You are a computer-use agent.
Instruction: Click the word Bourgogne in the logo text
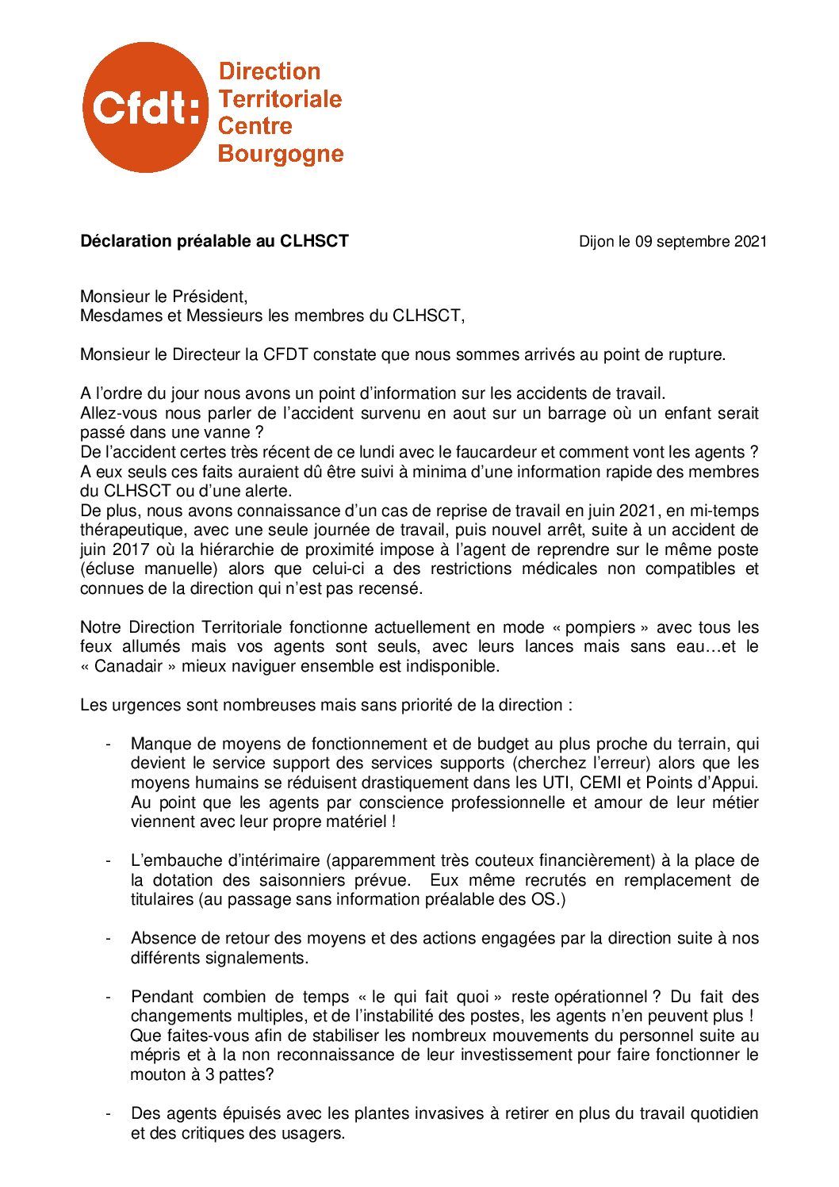click(280, 153)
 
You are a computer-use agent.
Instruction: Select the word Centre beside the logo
click(255, 125)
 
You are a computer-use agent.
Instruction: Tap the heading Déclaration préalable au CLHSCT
click(214, 241)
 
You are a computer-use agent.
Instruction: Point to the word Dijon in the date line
click(596, 241)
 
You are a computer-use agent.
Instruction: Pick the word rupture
click(696, 354)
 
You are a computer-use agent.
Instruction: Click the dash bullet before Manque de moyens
click(108, 744)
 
